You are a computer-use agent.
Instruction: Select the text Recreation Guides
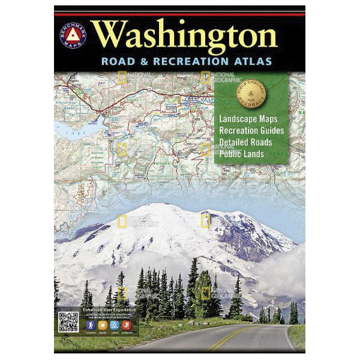[251, 130]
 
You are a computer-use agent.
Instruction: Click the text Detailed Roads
[245, 142]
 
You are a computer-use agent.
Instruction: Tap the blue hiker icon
[90, 326]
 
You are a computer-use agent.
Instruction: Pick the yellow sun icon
[103, 326]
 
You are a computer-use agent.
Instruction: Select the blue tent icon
[115, 326]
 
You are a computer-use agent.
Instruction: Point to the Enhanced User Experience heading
[96, 311]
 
